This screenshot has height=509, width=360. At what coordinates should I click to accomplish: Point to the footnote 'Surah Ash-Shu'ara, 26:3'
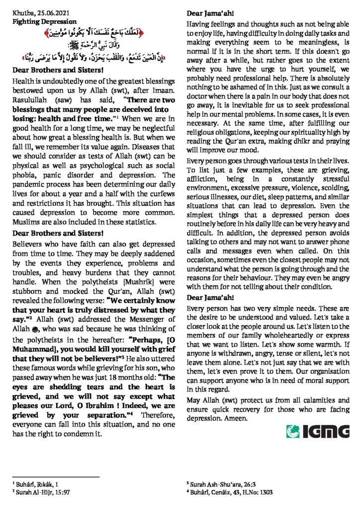(x=219, y=483)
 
